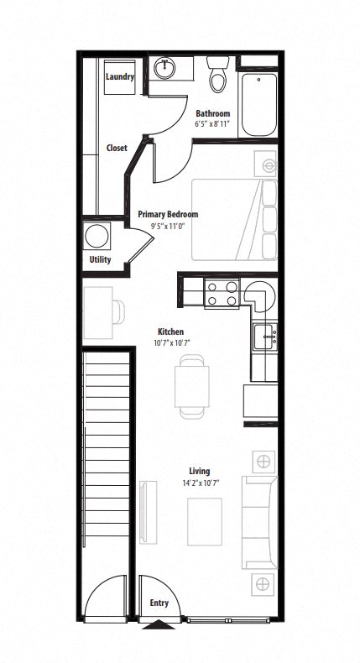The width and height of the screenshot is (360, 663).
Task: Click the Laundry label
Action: (x=120, y=77)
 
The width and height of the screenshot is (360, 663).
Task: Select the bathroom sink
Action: (x=165, y=68)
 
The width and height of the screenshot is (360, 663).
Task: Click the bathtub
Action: (x=258, y=105)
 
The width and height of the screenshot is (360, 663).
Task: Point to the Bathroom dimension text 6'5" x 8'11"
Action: (x=213, y=123)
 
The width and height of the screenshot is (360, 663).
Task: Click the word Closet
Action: (x=117, y=148)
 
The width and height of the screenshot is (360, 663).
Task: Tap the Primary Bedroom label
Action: (x=168, y=215)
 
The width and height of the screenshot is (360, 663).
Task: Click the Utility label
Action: (x=100, y=259)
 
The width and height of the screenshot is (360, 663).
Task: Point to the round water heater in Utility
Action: (x=98, y=234)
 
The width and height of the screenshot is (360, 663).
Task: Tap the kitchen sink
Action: (x=268, y=338)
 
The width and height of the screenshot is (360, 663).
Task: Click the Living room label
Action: (x=199, y=471)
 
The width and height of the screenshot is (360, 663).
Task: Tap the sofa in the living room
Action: (x=260, y=522)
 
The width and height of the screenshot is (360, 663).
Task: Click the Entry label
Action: (x=159, y=603)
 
